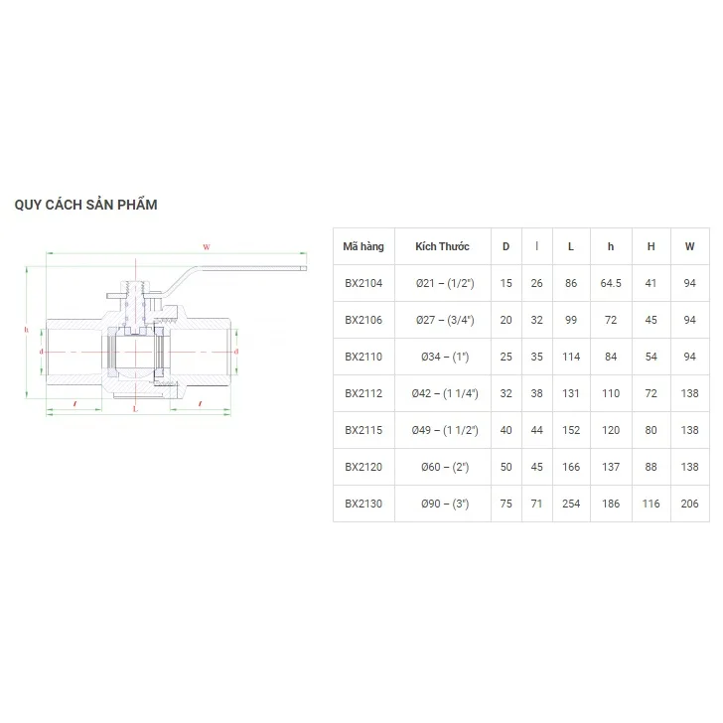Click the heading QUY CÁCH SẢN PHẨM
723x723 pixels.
(x=85, y=205)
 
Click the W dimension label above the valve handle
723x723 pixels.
(x=206, y=245)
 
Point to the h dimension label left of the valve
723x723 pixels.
(x=26, y=330)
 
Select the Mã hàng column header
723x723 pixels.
(x=362, y=246)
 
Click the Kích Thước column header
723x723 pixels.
(x=442, y=246)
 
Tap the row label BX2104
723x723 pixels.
(x=362, y=283)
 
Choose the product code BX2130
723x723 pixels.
(x=362, y=504)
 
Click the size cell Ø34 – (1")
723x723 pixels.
(x=442, y=357)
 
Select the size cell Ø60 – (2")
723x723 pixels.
(x=442, y=467)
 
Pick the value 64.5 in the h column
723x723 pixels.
(x=610, y=283)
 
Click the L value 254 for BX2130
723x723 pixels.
(x=570, y=504)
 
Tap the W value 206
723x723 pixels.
(x=689, y=504)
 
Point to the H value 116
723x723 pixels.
(x=651, y=504)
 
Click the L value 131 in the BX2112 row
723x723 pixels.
(x=570, y=393)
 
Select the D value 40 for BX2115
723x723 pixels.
(x=506, y=430)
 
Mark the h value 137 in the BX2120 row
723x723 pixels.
(x=610, y=467)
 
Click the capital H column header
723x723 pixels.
(x=651, y=246)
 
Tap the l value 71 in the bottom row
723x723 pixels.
(x=536, y=504)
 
